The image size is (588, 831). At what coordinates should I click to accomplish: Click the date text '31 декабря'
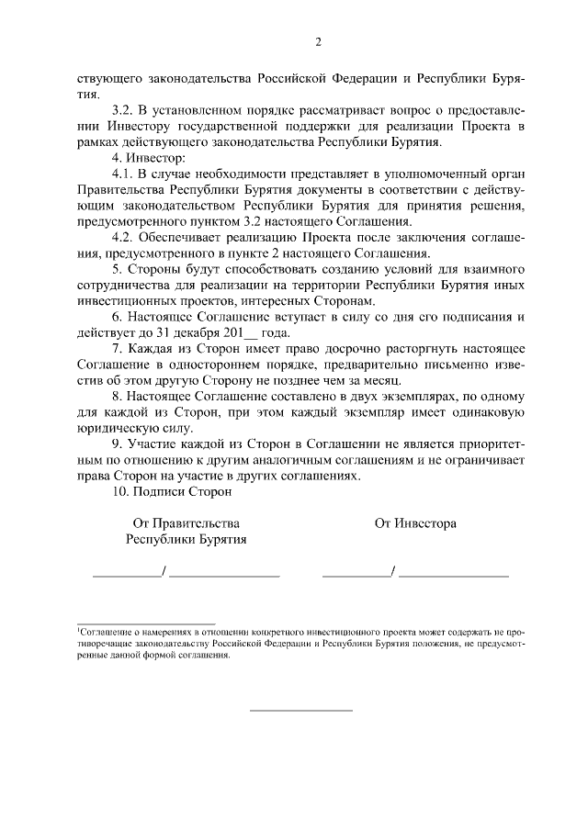tap(178, 334)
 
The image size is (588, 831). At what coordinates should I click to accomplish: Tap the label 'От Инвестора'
tap(415, 523)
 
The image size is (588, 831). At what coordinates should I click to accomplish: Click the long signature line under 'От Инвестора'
tap(454, 576)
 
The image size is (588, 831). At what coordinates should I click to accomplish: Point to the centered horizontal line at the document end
tap(301, 710)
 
